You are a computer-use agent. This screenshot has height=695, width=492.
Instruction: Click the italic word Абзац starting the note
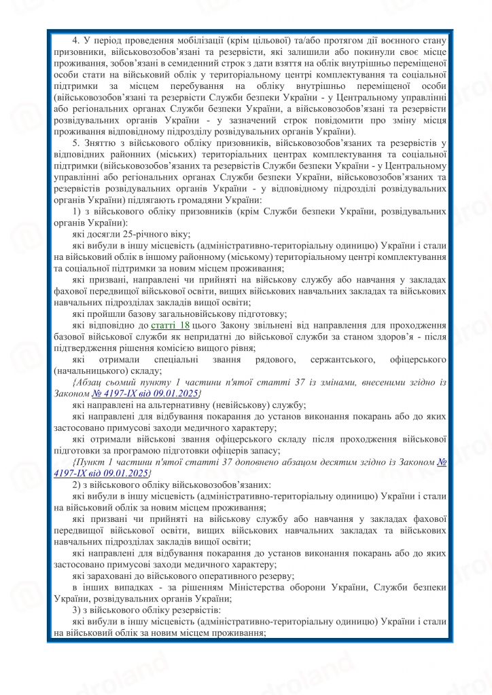point(88,383)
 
